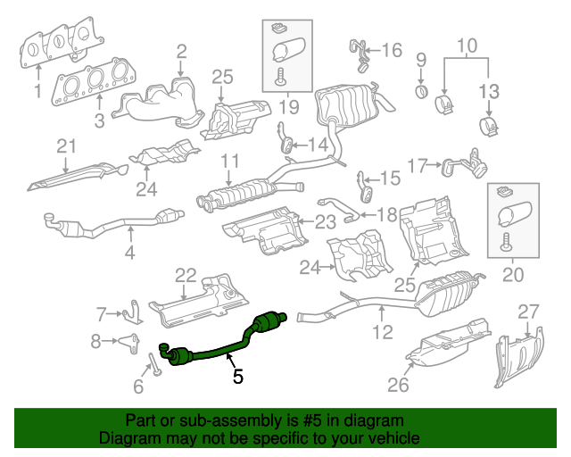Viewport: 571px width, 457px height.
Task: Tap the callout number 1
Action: pyautogui.click(x=37, y=92)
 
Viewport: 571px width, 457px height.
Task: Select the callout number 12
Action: pyautogui.click(x=382, y=334)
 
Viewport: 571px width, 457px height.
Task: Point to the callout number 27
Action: pyautogui.click(x=529, y=311)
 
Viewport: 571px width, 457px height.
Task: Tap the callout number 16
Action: pyautogui.click(x=392, y=50)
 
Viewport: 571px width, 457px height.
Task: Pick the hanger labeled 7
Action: pyautogui.click(x=132, y=312)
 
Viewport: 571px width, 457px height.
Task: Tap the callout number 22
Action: pyautogui.click(x=185, y=274)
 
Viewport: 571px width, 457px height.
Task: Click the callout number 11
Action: pyautogui.click(x=231, y=162)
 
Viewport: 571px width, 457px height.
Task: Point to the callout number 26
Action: pyautogui.click(x=398, y=385)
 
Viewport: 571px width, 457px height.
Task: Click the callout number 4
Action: pyautogui.click(x=130, y=253)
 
